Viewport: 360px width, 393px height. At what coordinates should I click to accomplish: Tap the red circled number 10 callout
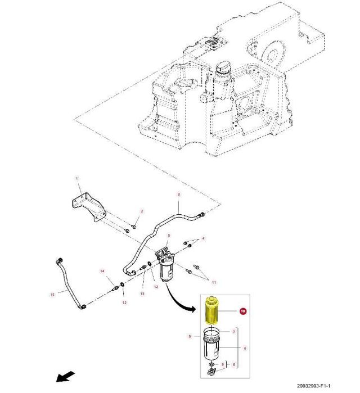[242, 310]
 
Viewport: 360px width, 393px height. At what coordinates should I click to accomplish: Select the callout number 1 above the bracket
[78, 179]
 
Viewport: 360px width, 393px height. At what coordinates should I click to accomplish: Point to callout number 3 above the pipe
[179, 195]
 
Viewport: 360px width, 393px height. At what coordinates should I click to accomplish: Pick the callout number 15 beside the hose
[52, 293]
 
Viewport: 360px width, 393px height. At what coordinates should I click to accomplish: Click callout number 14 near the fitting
[103, 272]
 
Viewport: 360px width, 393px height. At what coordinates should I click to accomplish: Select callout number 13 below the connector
[142, 293]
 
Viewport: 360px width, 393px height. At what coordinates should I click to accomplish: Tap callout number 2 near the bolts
[142, 211]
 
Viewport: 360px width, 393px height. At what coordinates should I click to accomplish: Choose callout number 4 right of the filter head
[203, 239]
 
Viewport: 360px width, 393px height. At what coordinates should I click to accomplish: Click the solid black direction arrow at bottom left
[65, 376]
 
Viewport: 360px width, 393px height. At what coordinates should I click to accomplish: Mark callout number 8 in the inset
[235, 365]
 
